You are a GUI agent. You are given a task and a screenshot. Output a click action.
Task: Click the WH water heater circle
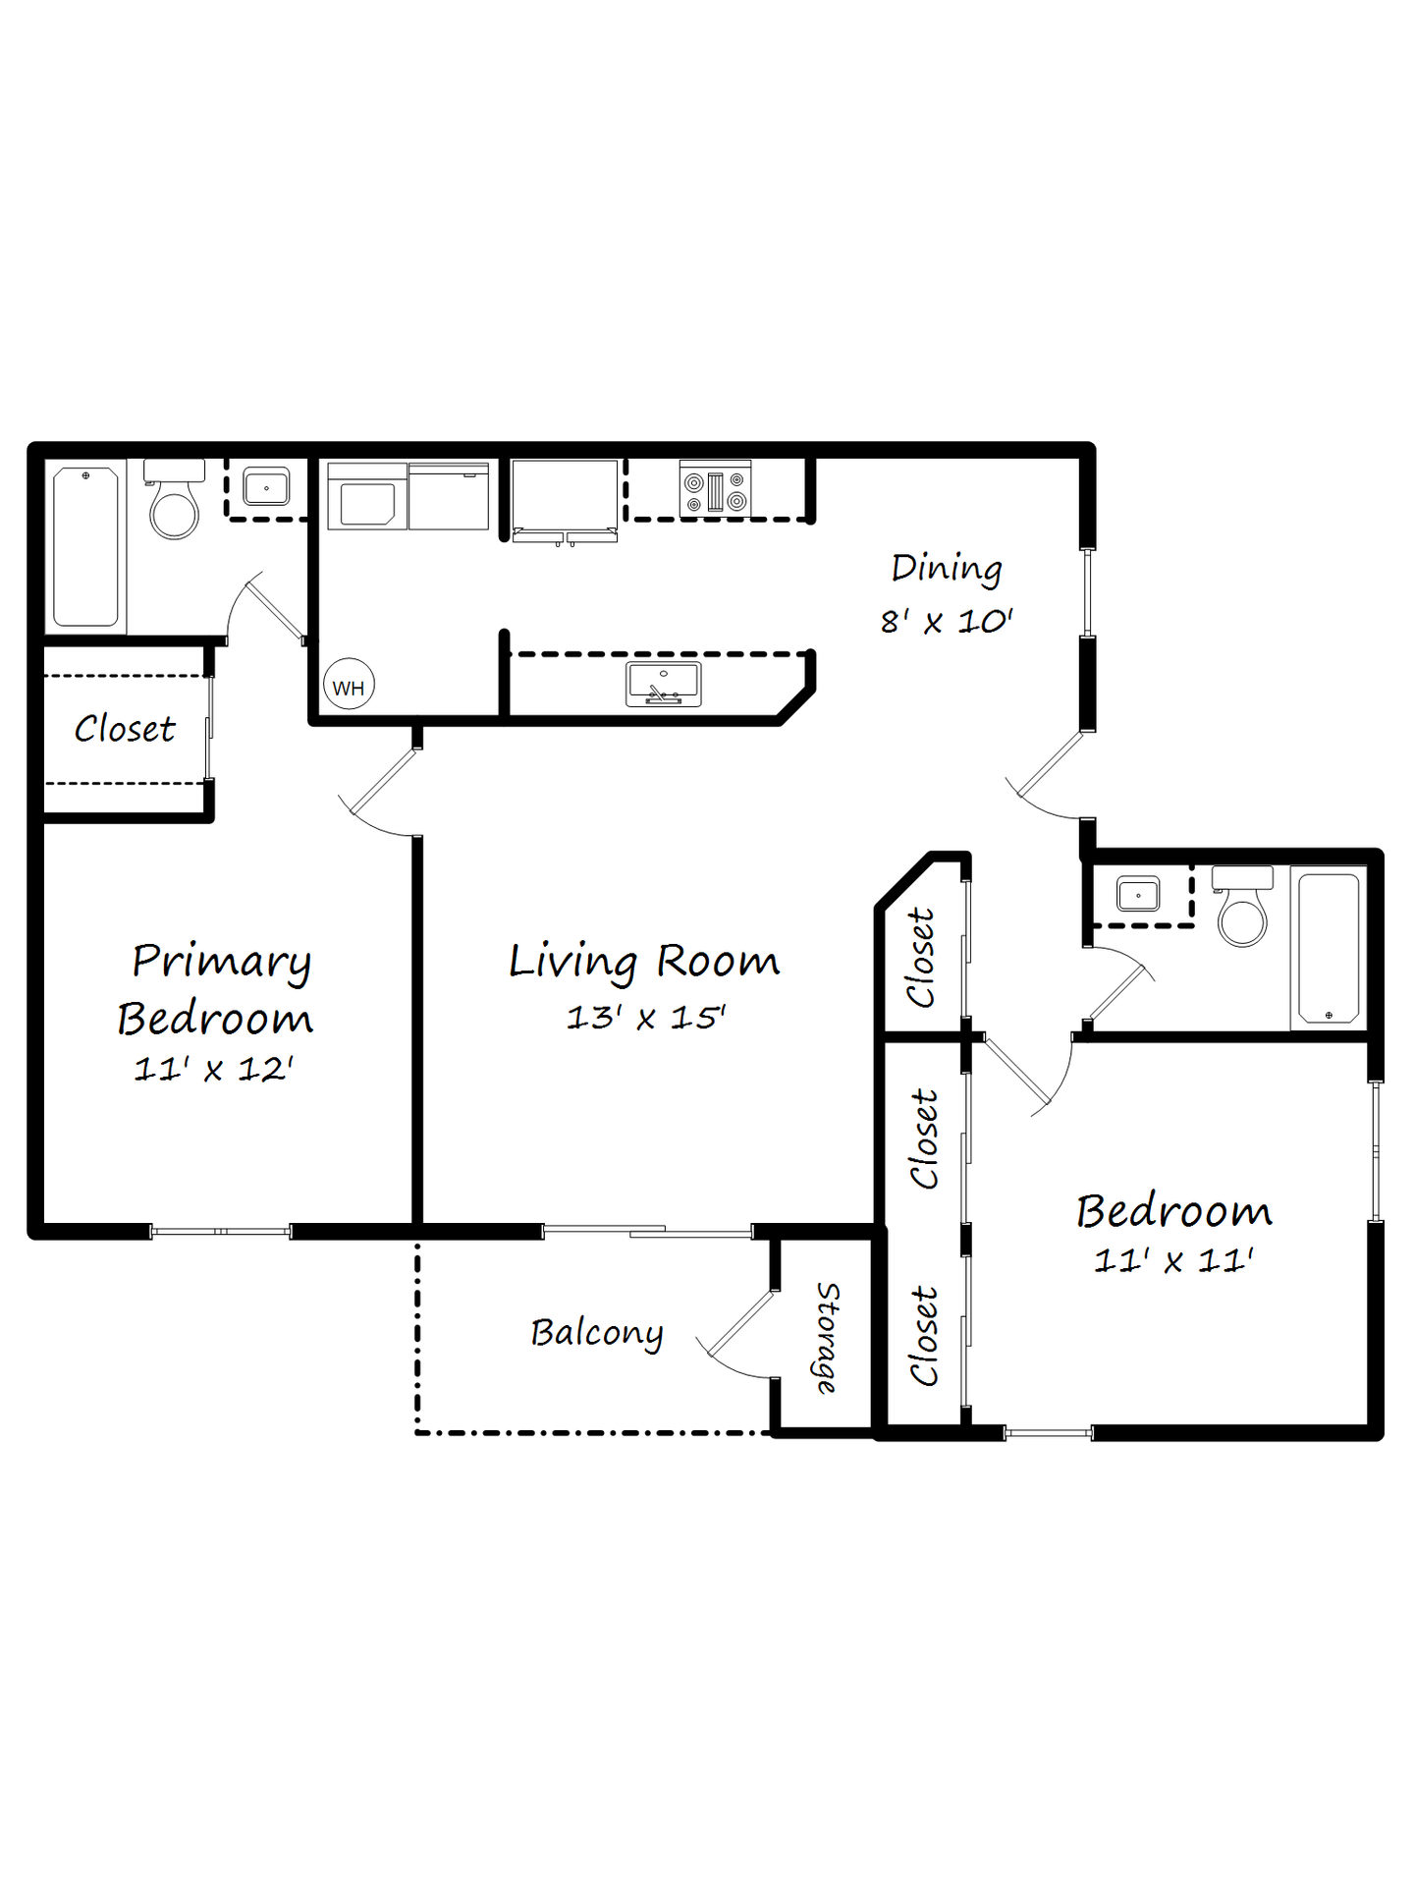click(349, 685)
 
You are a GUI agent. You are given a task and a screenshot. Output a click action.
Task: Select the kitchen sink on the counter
click(664, 684)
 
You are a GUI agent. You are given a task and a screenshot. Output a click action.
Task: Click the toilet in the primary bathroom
click(174, 503)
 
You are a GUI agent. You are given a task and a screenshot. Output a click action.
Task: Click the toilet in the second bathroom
click(1242, 910)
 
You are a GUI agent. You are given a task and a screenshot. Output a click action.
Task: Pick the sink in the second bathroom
click(1138, 895)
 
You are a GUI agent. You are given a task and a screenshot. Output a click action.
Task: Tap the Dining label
click(947, 569)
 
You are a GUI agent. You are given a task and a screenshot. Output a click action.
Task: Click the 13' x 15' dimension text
click(645, 1018)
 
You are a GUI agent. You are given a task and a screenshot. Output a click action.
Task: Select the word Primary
click(222, 961)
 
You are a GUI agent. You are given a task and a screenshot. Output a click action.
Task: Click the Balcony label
click(597, 1333)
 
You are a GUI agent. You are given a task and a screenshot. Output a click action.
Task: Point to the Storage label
click(828, 1337)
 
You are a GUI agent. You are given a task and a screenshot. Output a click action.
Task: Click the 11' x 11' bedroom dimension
click(1173, 1260)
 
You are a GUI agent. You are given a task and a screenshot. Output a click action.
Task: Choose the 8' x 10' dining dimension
click(947, 622)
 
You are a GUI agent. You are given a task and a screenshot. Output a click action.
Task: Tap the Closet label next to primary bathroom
click(125, 729)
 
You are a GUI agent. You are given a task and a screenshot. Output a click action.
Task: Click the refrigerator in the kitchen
click(565, 496)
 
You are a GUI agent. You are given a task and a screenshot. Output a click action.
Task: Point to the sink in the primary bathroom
click(266, 487)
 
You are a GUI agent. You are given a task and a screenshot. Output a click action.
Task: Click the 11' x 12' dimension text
click(214, 1069)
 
